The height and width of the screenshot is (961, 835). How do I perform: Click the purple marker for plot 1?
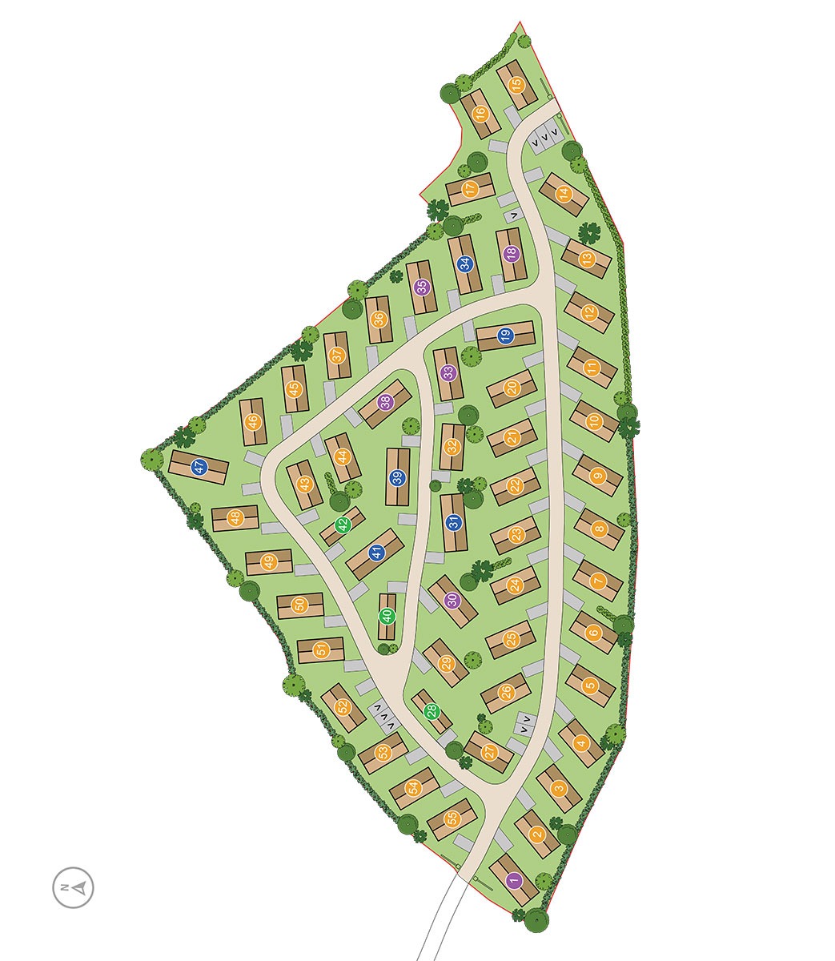(x=514, y=881)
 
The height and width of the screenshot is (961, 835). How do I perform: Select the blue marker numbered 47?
(x=199, y=467)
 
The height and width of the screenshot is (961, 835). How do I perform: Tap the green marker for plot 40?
(x=387, y=617)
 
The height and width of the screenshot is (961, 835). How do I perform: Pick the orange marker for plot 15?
(x=516, y=82)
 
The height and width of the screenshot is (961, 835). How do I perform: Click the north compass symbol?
(x=73, y=887)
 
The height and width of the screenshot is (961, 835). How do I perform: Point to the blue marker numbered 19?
(x=505, y=336)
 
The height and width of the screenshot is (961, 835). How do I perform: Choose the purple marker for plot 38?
(x=386, y=403)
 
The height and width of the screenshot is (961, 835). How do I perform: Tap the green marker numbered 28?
(x=432, y=711)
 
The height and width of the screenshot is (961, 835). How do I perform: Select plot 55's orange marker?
(x=452, y=819)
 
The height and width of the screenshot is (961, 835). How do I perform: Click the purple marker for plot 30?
(x=452, y=600)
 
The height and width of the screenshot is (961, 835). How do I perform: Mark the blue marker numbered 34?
(x=464, y=263)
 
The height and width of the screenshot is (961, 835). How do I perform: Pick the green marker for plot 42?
(x=343, y=525)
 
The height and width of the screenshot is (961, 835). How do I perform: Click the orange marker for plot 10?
(x=594, y=421)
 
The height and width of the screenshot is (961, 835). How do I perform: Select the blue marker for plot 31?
(x=453, y=523)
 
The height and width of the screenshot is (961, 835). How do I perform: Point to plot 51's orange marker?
(x=322, y=650)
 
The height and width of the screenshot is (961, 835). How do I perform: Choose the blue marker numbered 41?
(x=375, y=553)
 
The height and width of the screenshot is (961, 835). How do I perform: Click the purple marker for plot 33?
(x=449, y=372)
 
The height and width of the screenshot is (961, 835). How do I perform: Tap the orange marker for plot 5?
(x=590, y=685)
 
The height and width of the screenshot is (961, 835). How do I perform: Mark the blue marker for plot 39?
(x=397, y=478)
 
